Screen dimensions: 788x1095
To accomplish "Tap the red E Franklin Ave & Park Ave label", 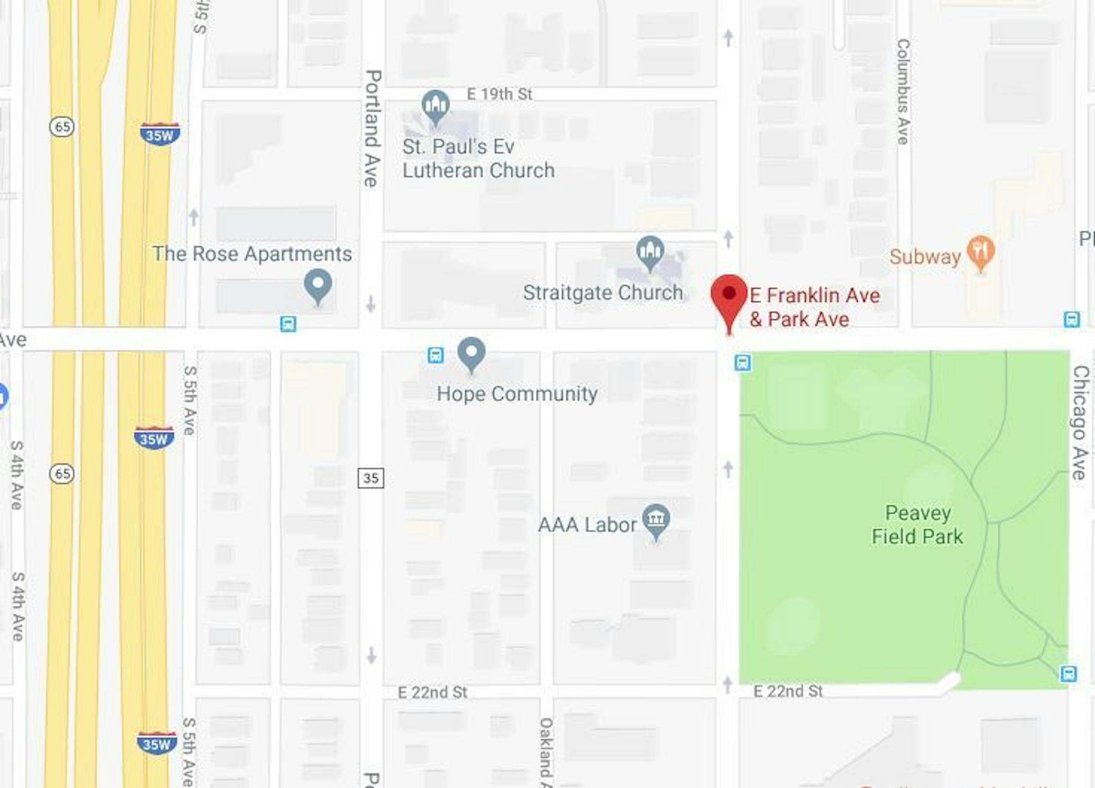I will (x=814, y=307).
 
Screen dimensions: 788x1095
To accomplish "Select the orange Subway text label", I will (x=925, y=257).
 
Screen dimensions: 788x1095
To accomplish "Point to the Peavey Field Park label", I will (x=917, y=524).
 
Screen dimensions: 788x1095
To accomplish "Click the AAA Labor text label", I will (x=587, y=525).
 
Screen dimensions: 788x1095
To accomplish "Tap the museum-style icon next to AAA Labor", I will (x=656, y=519).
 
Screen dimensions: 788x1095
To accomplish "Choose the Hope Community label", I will (x=517, y=394).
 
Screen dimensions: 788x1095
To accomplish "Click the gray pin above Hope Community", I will (x=471, y=352).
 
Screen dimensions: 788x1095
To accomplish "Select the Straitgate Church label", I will (x=603, y=292).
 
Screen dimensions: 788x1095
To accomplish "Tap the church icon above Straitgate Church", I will (x=650, y=251).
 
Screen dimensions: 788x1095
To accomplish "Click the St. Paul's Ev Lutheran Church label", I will (x=478, y=159).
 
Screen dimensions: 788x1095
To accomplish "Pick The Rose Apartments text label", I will (x=252, y=253).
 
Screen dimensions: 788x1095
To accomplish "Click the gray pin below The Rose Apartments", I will (x=318, y=285).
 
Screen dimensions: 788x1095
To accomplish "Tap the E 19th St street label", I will (x=499, y=94).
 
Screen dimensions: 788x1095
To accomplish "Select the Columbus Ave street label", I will (x=903, y=91).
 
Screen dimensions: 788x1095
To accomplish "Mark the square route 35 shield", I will (x=371, y=478).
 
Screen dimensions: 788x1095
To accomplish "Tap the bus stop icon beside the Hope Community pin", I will (x=435, y=355).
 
